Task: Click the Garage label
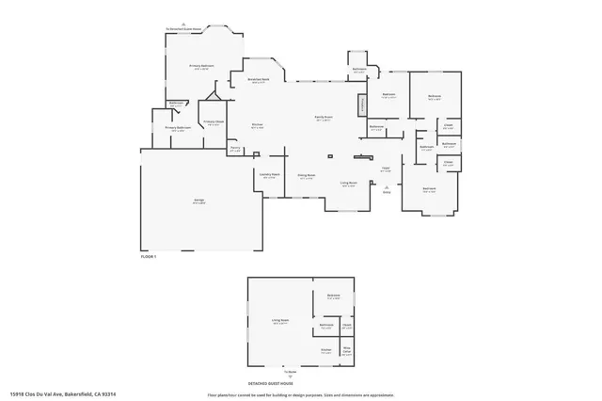click(199, 200)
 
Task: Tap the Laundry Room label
click(269, 176)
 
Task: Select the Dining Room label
click(306, 175)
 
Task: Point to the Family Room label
click(324, 117)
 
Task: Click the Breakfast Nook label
click(260, 80)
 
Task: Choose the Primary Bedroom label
click(201, 66)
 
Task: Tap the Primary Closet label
click(214, 122)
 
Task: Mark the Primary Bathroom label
click(178, 128)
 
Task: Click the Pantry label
click(235, 148)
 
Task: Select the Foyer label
click(386, 168)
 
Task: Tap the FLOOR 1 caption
click(148, 256)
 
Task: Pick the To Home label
click(303, 371)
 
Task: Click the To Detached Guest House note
click(185, 29)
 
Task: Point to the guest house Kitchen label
click(325, 349)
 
